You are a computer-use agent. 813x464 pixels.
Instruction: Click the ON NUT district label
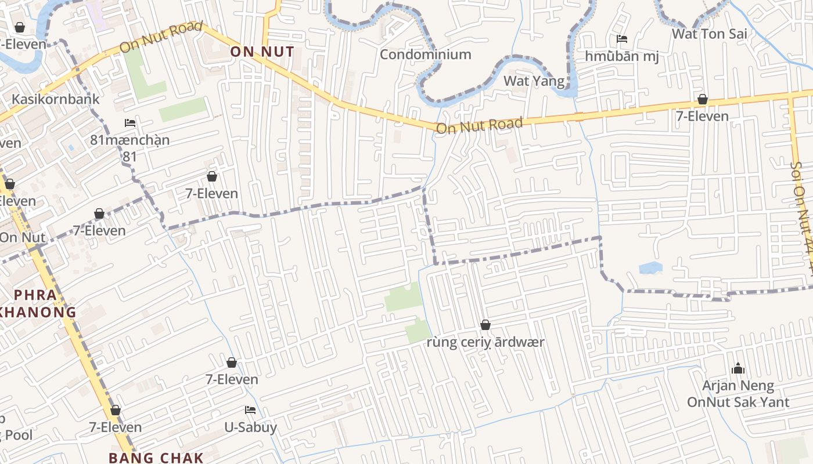click(262, 52)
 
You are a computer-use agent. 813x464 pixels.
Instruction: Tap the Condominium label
click(425, 55)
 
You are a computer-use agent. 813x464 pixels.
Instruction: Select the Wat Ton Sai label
click(709, 34)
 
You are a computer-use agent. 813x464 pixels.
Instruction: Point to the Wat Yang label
click(534, 81)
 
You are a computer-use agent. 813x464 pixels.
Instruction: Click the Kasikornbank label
click(56, 99)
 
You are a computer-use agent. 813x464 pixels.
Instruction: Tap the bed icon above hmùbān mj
click(621, 39)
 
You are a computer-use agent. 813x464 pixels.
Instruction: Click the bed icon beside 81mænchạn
click(130, 123)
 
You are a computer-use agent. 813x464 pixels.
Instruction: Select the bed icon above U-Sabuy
click(250, 410)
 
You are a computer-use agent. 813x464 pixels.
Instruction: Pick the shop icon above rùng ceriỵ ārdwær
click(485, 325)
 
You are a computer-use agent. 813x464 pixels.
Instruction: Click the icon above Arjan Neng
click(738, 368)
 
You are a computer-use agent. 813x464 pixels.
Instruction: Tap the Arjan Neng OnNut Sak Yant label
click(738, 394)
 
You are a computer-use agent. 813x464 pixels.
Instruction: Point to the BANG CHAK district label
click(156, 458)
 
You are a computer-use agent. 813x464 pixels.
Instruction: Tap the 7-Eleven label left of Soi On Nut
click(702, 116)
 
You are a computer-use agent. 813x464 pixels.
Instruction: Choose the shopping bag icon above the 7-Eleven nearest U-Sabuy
click(232, 363)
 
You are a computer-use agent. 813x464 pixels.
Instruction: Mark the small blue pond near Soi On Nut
click(650, 268)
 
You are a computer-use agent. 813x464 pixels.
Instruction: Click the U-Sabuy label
click(250, 427)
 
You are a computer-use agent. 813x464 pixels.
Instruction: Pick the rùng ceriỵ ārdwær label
click(485, 342)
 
